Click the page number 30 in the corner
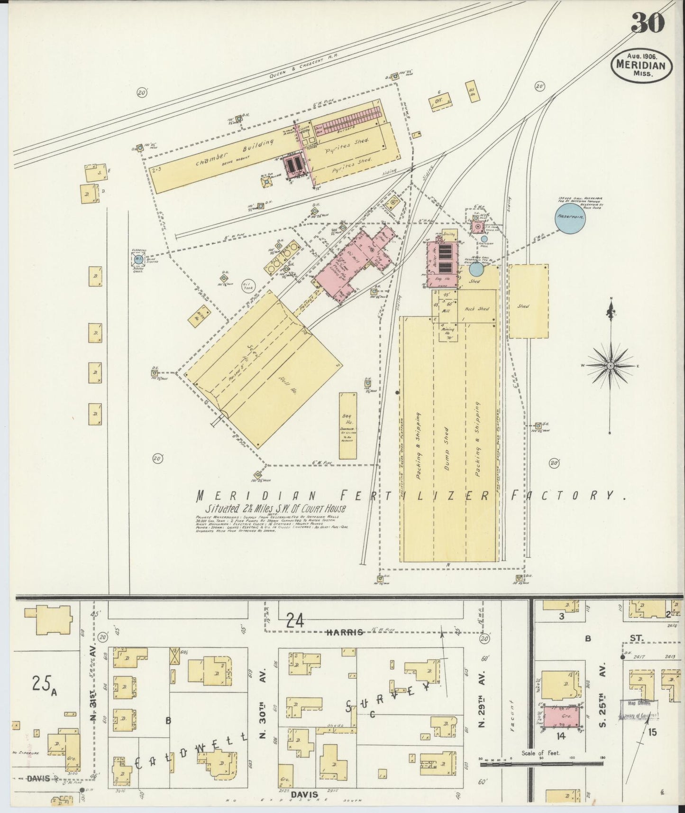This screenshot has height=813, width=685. [648, 23]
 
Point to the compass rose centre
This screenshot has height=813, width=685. [611, 366]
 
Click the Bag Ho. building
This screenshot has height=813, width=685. [348, 425]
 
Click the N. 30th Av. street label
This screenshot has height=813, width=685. [261, 732]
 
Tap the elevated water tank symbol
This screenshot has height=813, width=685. [138, 259]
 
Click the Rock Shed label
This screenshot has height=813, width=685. [477, 309]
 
